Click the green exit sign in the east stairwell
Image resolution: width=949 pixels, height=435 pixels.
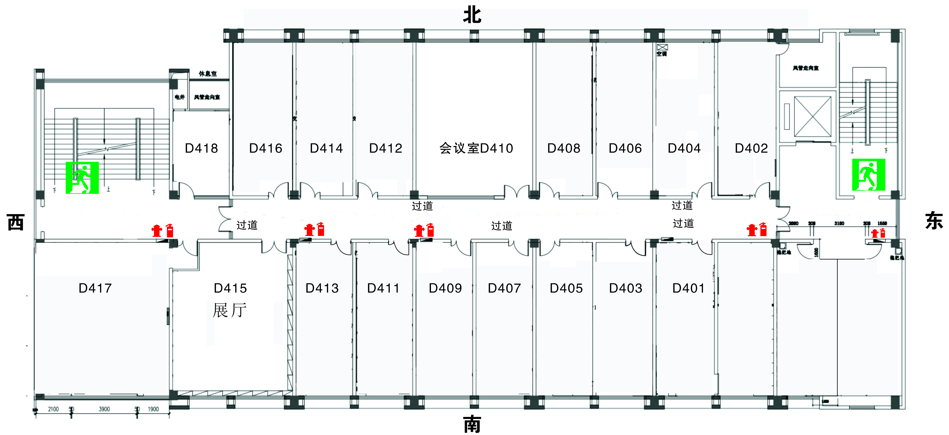[x=868, y=175]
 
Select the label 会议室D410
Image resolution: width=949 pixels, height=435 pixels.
[x=476, y=148]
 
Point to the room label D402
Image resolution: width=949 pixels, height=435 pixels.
[x=751, y=148]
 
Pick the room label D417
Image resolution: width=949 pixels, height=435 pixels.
[x=95, y=288]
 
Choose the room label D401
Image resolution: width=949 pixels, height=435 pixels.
[x=688, y=288]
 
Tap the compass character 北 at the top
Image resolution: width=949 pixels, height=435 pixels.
[x=472, y=15]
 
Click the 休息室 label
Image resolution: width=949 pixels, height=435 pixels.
[x=208, y=74]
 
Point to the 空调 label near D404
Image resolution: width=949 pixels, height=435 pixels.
[x=662, y=54]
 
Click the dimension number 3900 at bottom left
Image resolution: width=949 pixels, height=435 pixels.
[x=104, y=409]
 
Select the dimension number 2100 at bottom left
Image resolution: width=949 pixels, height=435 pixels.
[x=53, y=409]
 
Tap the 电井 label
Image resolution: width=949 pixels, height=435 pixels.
[x=180, y=97]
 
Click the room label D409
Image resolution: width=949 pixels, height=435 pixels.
[x=445, y=288]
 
